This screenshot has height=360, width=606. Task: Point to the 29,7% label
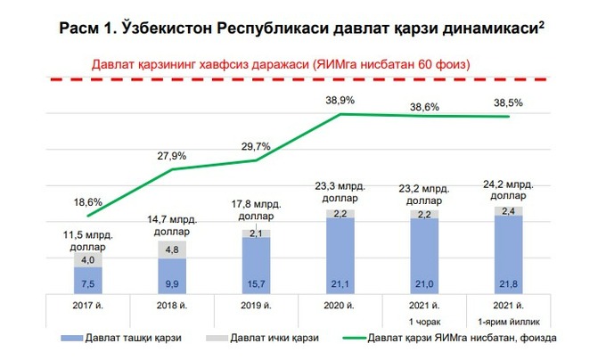256,145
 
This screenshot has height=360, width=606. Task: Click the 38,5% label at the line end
509,102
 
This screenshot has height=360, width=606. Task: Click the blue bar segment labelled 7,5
87,281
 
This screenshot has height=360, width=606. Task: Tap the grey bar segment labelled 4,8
172,250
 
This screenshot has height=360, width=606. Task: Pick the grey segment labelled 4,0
87,259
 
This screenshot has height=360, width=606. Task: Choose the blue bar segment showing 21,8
508,257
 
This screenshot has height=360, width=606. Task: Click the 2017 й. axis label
87,307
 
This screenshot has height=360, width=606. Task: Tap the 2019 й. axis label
256,307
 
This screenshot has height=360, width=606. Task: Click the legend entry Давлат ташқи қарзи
126,340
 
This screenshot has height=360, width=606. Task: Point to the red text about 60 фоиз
281,65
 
